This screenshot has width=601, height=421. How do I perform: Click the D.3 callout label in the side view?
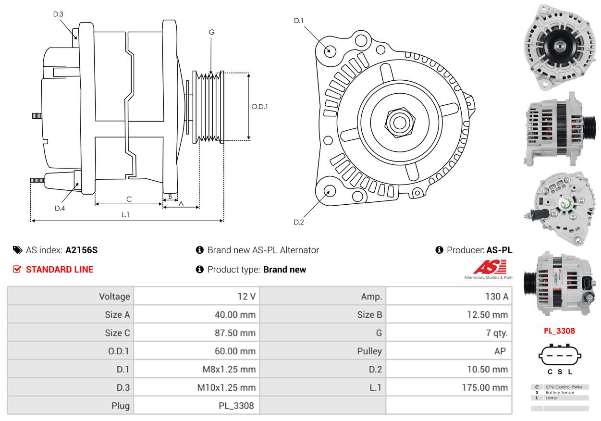point(58,14)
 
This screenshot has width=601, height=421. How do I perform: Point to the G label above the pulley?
point(211,32)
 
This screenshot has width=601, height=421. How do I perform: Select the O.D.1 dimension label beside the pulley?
point(259,107)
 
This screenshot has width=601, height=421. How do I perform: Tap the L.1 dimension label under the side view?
point(125,215)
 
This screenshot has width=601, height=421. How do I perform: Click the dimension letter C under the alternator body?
point(129,199)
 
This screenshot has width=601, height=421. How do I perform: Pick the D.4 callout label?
point(60,208)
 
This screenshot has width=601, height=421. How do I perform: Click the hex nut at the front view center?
point(399,122)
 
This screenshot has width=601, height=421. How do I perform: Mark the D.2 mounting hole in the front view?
point(330,191)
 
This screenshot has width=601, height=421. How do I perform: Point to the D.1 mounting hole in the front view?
point(330,50)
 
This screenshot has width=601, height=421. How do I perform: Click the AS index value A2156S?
point(82,250)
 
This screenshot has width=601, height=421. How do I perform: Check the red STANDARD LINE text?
point(60,270)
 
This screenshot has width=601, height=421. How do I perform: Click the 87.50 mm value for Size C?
point(235,333)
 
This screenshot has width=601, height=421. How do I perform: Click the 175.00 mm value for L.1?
point(485,388)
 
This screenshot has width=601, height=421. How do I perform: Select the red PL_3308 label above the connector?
point(559,331)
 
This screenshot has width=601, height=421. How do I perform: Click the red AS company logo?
point(489,268)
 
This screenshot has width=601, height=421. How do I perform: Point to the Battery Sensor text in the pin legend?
point(559,393)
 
